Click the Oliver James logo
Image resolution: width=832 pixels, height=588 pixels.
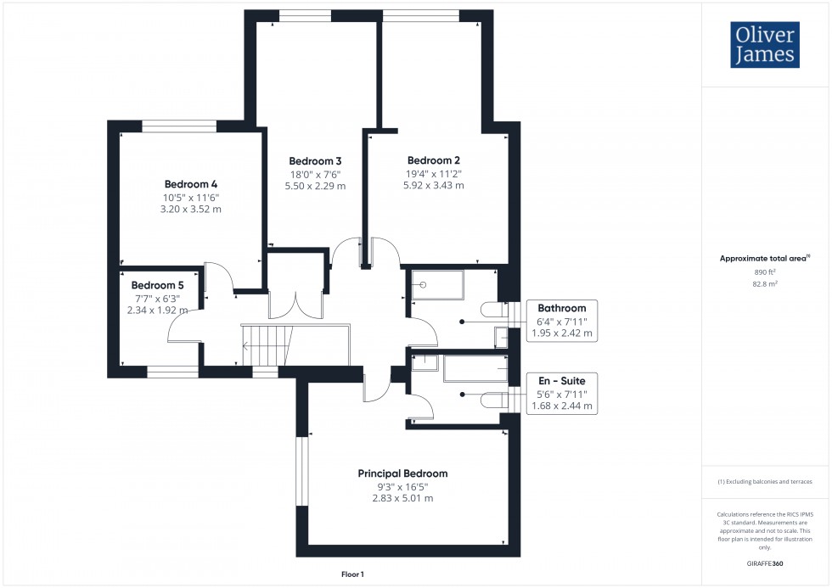[763, 45]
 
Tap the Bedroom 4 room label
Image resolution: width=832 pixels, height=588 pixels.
[191, 184]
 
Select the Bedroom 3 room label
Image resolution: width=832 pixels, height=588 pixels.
[315, 161]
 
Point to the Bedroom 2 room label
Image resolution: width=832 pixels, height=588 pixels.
[433, 160]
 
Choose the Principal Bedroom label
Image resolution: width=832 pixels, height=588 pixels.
[402, 473]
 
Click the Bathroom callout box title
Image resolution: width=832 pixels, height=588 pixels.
[562, 308]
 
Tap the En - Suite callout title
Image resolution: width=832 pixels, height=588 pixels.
[562, 381]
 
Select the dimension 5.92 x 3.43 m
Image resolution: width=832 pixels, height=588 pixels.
[433, 185]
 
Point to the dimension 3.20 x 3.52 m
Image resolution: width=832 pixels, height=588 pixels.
[191, 209]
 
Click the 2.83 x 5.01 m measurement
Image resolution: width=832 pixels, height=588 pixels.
[402, 498]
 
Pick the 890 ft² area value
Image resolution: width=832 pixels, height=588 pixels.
[765, 272]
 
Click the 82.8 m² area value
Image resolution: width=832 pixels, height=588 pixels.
[765, 283]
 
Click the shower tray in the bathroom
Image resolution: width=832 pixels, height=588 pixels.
[437, 285]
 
